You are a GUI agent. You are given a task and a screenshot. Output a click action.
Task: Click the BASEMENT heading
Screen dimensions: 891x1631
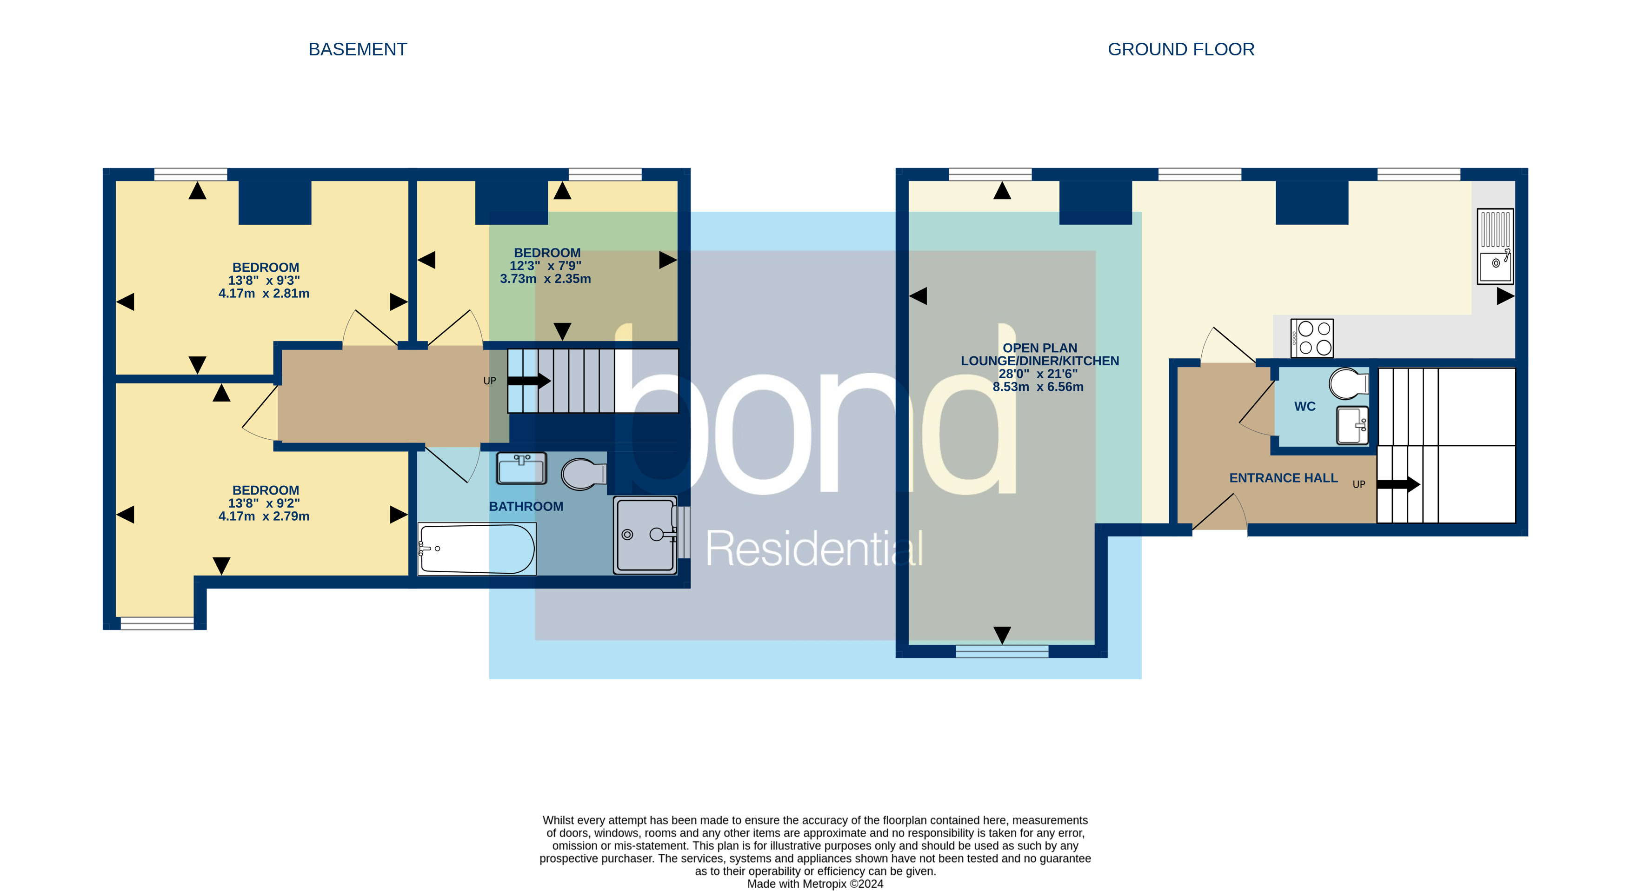(357, 49)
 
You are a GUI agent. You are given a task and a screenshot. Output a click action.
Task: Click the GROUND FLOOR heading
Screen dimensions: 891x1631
(1180, 49)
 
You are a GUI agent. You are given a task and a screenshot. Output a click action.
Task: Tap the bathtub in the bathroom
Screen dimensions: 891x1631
(476, 549)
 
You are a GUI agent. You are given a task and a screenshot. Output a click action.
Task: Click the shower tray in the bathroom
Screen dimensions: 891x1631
(645, 535)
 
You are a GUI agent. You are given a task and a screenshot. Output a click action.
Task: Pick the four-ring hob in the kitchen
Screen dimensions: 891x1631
(1312, 338)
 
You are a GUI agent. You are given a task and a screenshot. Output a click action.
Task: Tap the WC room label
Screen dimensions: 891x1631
(1305, 407)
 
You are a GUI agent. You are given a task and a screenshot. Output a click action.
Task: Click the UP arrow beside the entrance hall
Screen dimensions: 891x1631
(1398, 484)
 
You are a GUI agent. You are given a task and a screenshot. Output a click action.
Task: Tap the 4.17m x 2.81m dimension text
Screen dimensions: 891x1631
(264, 293)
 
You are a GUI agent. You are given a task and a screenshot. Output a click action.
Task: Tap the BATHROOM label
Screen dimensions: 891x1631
(526, 507)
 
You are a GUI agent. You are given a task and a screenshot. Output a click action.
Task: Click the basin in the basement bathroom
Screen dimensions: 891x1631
(520, 469)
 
